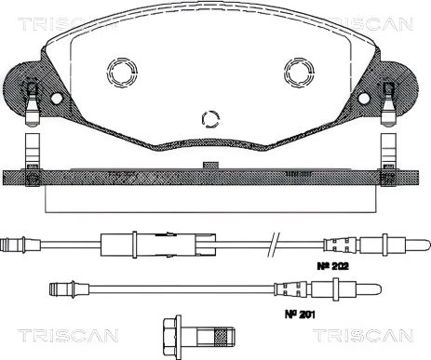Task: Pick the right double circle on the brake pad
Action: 299,72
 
